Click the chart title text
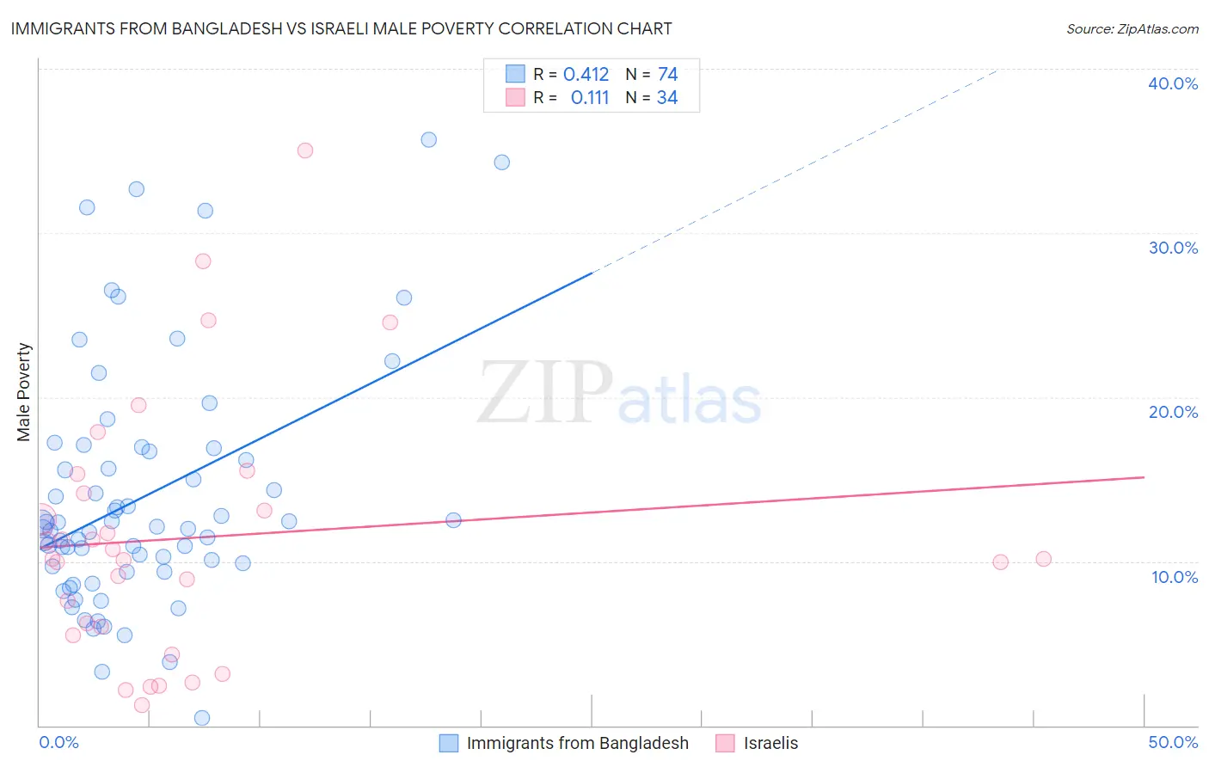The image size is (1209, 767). click(341, 28)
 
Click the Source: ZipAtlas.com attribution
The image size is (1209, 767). click(1132, 28)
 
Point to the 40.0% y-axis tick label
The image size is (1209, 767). click(1172, 83)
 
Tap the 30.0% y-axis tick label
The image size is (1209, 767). click(1172, 248)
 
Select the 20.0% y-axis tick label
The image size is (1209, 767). click(1172, 412)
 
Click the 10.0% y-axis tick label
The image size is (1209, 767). click(1174, 577)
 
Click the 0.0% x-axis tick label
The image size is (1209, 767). click(58, 742)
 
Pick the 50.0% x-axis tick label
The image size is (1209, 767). click(1172, 742)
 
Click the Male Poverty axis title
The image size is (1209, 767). click(24, 392)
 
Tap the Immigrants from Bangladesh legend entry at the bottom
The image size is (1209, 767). click(576, 743)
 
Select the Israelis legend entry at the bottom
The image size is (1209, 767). click(770, 743)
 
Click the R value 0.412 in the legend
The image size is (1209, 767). click(586, 75)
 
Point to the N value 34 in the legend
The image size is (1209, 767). click(666, 98)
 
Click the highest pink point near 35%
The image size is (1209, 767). click(304, 150)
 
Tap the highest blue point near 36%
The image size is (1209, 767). click(428, 139)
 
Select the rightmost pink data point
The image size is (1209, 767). click(1043, 559)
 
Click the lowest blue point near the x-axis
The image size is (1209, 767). click(202, 718)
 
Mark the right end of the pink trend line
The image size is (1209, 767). click(1144, 476)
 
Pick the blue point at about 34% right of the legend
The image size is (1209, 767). click(501, 163)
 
